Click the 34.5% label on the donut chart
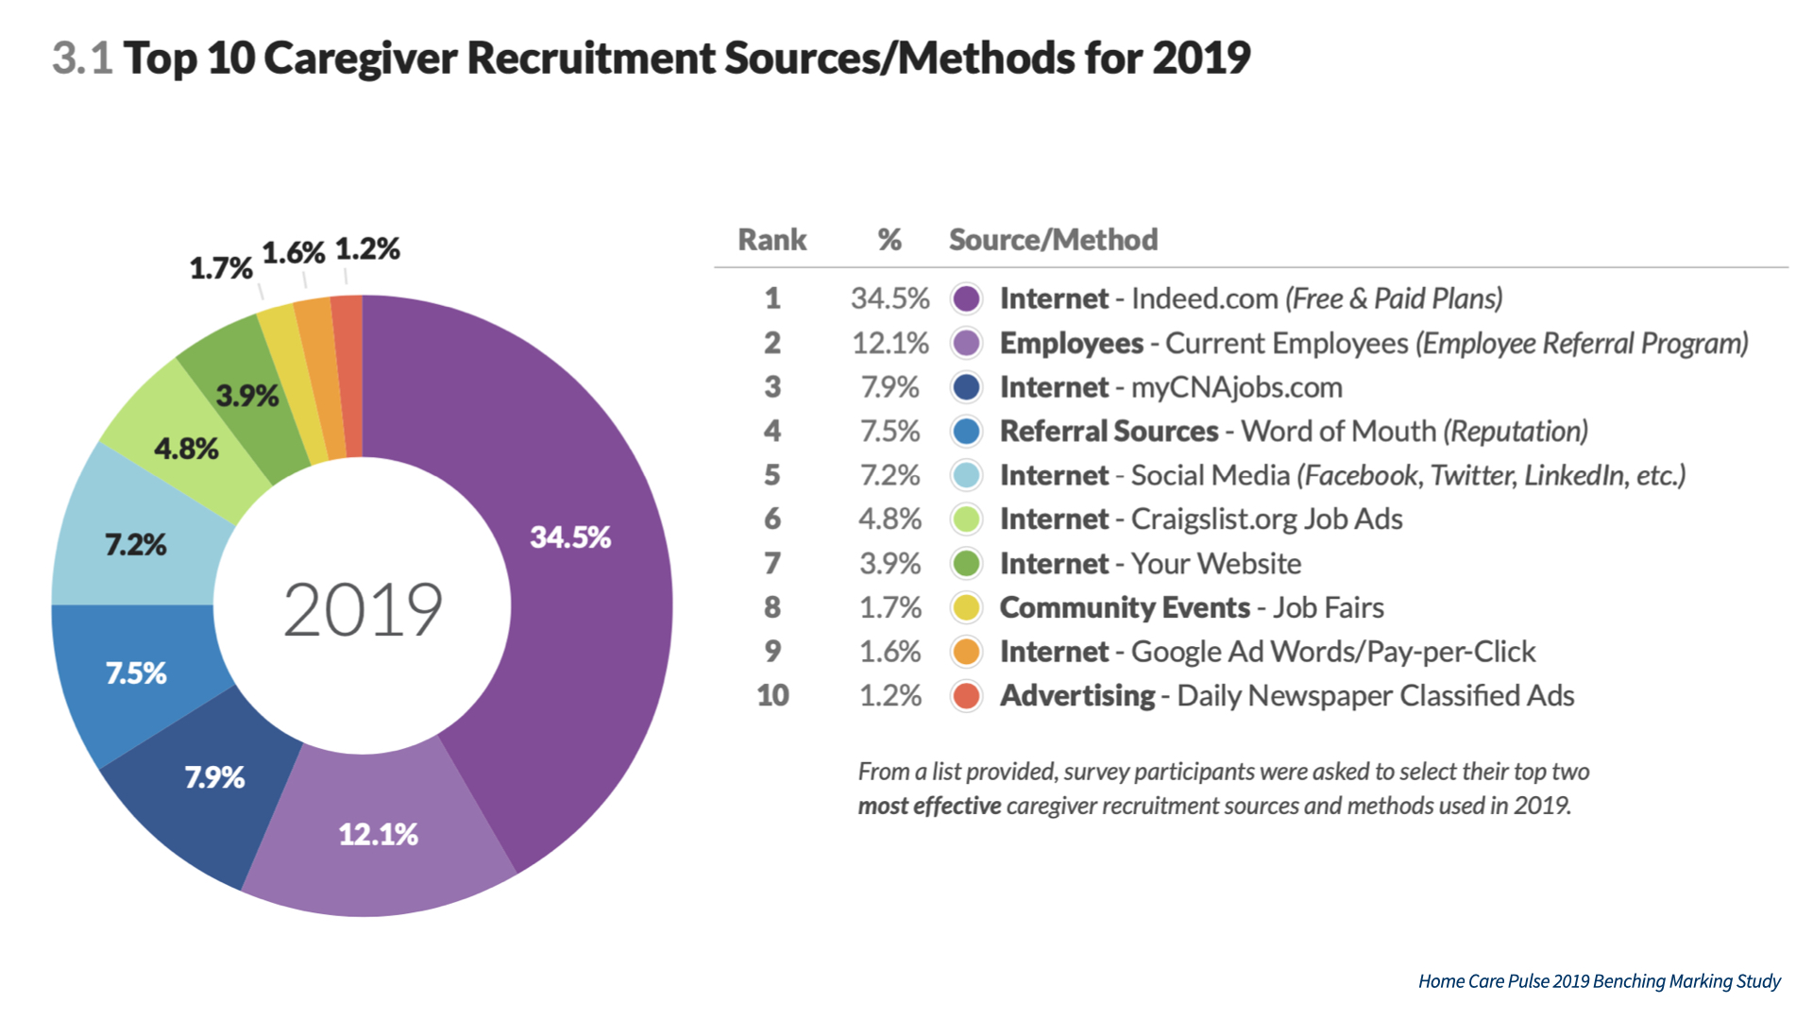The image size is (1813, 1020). pos(570,537)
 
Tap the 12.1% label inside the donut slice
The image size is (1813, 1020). pos(378,834)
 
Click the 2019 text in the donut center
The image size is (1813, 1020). pos(363,609)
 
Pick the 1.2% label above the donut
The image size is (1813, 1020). pos(367,249)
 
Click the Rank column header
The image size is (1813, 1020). pos(771,240)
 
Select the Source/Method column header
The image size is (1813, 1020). pos(1053,240)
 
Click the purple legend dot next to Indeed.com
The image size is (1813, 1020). pos(966,298)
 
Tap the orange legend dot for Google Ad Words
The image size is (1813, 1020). pos(966,652)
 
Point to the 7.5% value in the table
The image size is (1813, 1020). pos(890,432)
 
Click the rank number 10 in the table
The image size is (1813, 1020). pos(772,696)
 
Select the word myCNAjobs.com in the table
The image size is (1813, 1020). pos(1236,387)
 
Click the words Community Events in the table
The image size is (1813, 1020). pos(1125,608)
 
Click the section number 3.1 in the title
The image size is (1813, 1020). pos(82,59)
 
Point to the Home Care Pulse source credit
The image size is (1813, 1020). pos(1599,981)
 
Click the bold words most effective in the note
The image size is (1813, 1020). pos(929,807)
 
